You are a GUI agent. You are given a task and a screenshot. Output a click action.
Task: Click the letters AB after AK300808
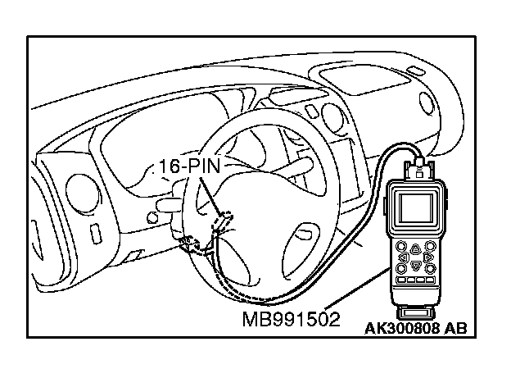(455, 330)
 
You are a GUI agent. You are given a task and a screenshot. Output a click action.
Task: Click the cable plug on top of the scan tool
(420, 171)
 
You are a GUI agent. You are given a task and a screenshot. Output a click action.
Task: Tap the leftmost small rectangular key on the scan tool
(401, 282)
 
